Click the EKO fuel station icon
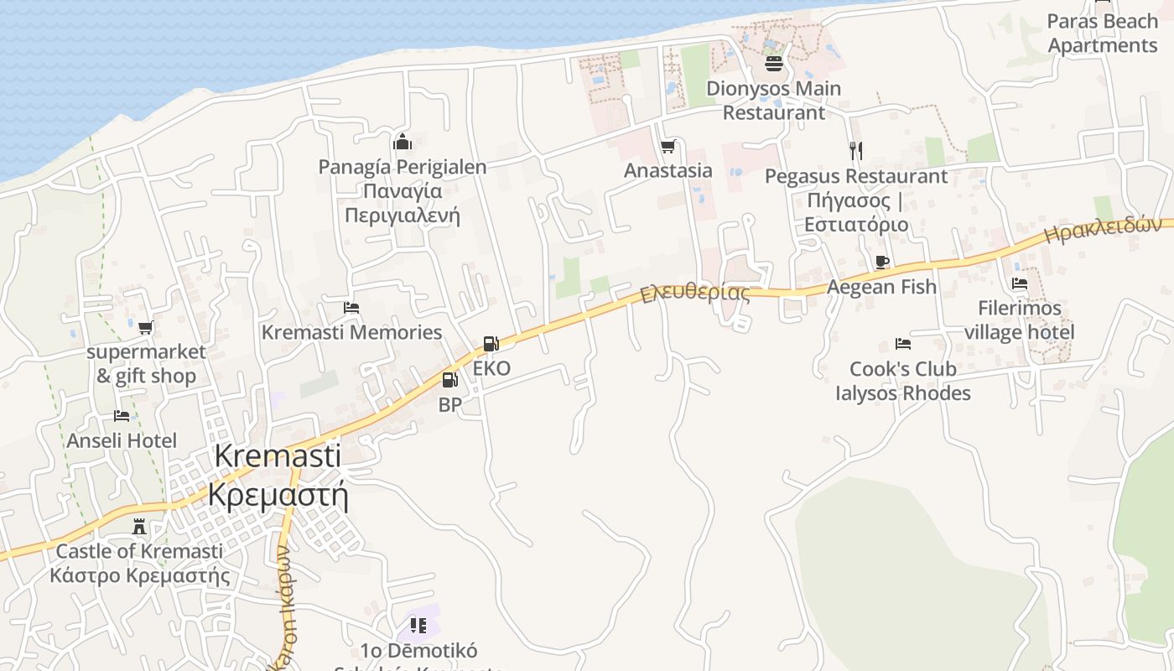coord(491,344)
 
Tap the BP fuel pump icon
coord(450,380)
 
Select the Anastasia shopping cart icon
coord(668,147)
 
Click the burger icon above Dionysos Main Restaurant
coord(773,64)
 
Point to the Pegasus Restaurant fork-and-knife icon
coord(855,151)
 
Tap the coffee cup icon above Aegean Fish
coord(881,263)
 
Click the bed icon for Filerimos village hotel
coord(1020,283)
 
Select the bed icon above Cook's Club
coord(903,344)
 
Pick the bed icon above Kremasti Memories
coord(351,308)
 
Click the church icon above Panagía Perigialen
coord(403,142)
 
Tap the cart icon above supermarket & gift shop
coord(146,327)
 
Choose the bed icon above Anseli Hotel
coord(122,416)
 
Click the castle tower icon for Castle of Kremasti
coord(139,527)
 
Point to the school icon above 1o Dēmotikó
coord(418,625)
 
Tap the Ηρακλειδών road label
coord(1108,230)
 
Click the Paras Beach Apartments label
coord(1102,34)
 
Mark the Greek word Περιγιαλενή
coord(403,216)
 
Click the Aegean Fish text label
coord(881,287)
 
